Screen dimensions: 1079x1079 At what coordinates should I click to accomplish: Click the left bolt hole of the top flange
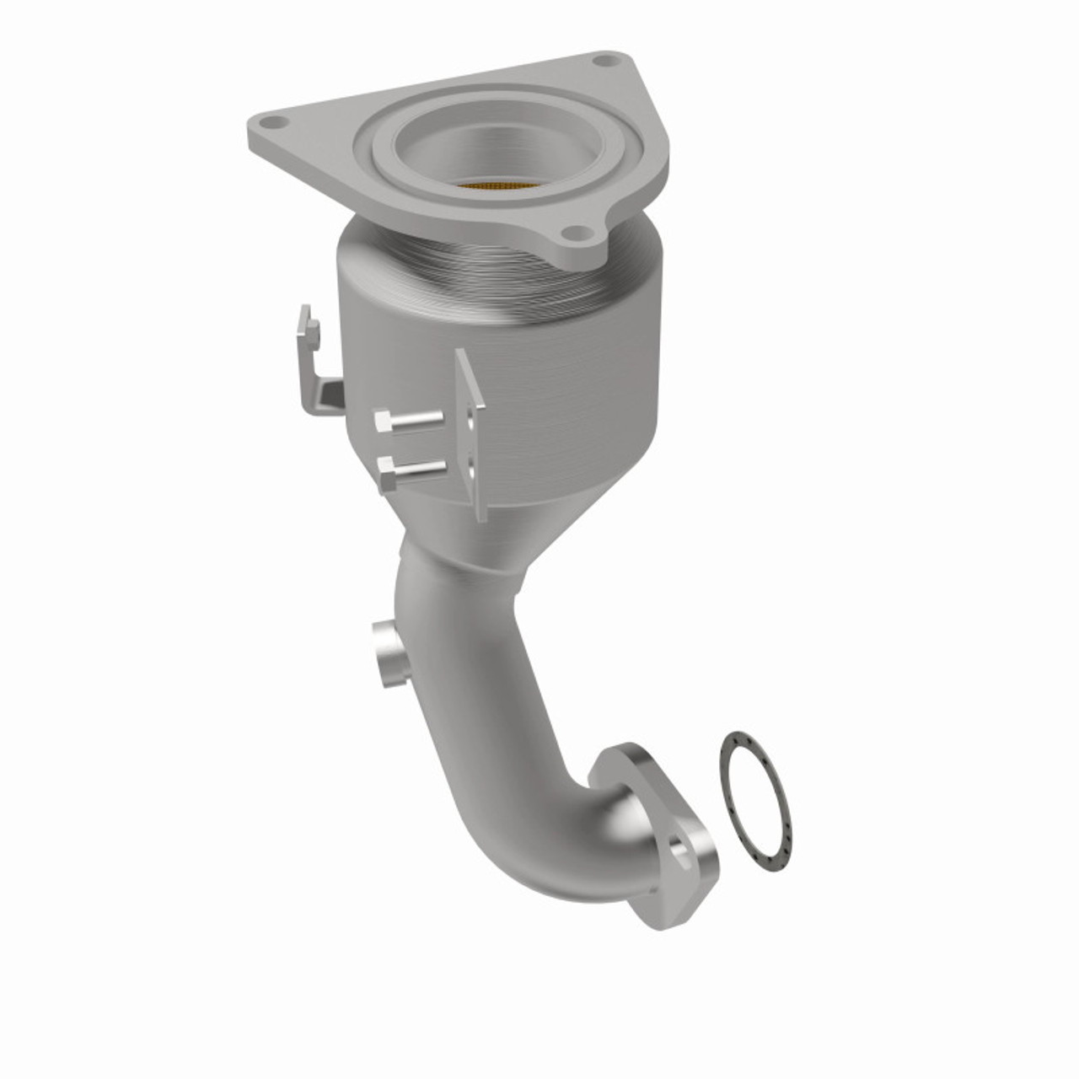click(272, 122)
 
